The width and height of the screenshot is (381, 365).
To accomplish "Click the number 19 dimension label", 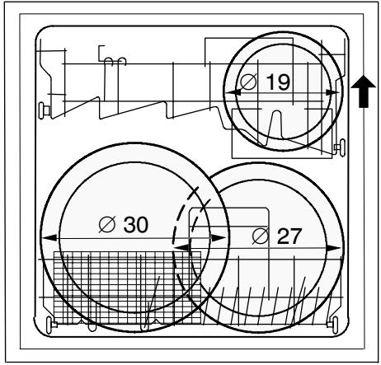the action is [278, 82].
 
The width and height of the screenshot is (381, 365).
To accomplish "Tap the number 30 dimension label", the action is [136, 225].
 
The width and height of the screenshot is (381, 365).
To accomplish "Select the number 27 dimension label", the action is [289, 236].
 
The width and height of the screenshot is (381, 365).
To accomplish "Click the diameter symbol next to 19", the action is [248, 82].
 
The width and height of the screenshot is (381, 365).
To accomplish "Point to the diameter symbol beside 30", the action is [107, 224].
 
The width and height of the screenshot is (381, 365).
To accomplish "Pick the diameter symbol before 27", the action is [261, 236].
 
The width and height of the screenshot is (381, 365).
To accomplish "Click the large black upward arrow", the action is [364, 91].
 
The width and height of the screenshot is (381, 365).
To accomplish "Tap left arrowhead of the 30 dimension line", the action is [49, 237].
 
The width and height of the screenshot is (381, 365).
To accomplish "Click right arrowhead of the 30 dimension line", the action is [219, 237].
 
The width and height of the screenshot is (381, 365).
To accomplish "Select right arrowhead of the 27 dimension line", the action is [334, 248].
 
